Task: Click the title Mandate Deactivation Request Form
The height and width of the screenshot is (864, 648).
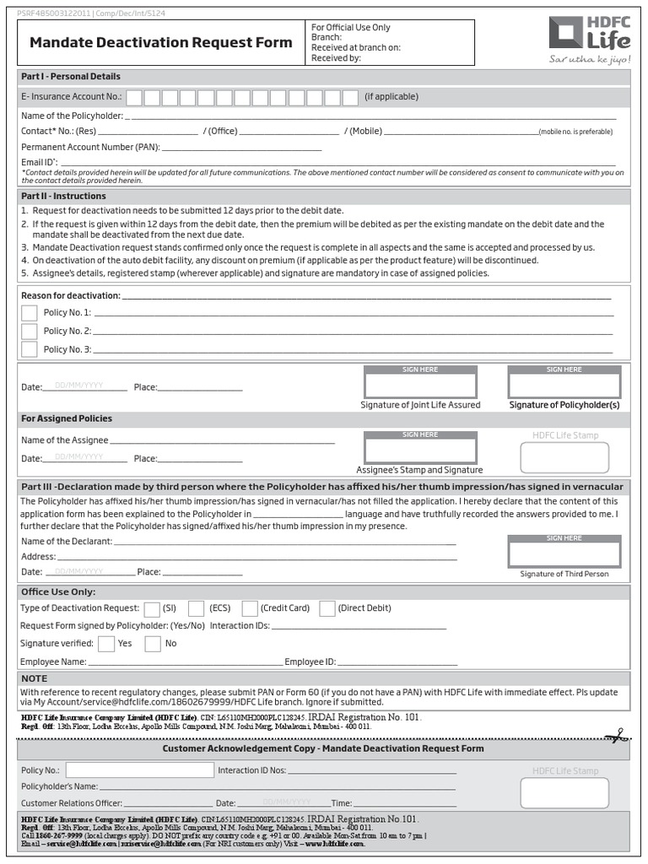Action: pyautogui.click(x=160, y=42)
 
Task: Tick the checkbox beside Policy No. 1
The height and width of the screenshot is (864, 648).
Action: pyautogui.click(x=30, y=313)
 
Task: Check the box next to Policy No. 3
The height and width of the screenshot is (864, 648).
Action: pyautogui.click(x=30, y=349)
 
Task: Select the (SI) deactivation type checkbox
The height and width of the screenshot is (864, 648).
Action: pyautogui.click(x=152, y=608)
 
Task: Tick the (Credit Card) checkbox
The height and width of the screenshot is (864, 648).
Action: pyautogui.click(x=250, y=608)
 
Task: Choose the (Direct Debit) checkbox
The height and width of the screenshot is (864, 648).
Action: pyautogui.click(x=327, y=608)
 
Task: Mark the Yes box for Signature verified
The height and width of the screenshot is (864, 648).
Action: pyautogui.click(x=106, y=644)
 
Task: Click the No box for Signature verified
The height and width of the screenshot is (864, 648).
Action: pyautogui.click(x=153, y=644)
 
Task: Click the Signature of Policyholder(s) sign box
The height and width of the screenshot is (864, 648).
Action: pyautogui.click(x=564, y=384)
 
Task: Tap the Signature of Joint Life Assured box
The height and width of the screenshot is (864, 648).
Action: pyautogui.click(x=420, y=384)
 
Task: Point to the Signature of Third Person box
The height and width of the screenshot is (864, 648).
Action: pyautogui.click(x=564, y=553)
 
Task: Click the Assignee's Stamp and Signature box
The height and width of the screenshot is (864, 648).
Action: pyautogui.click(x=420, y=449)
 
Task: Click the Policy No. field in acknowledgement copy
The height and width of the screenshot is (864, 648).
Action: pyautogui.click(x=138, y=770)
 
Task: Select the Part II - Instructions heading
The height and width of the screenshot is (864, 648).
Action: pyautogui.click(x=64, y=196)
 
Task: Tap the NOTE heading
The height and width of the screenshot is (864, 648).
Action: pyautogui.click(x=35, y=678)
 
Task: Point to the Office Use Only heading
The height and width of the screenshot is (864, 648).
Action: pyautogui.click(x=58, y=591)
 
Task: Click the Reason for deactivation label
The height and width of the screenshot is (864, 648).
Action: pyautogui.click(x=71, y=295)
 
